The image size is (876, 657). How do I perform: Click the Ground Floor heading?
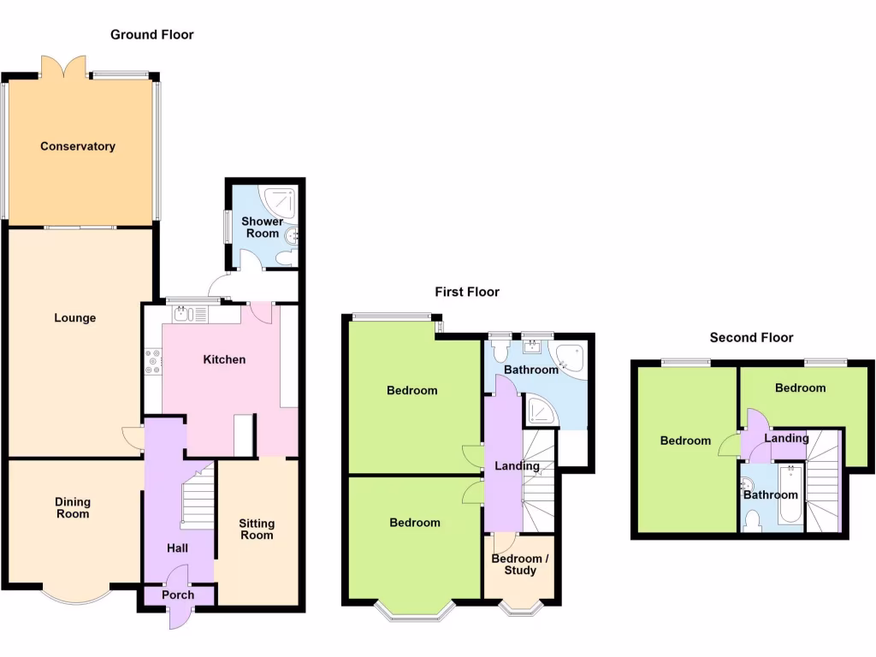pyautogui.click(x=152, y=35)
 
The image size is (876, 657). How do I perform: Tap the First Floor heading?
pyautogui.click(x=467, y=292)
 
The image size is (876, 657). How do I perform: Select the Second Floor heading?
pyautogui.click(x=751, y=338)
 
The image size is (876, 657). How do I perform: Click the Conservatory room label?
pyautogui.click(x=78, y=146)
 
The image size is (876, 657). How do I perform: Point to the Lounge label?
pyautogui.click(x=75, y=318)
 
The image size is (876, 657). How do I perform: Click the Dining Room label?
pyautogui.click(x=73, y=508)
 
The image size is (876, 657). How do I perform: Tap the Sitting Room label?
pyautogui.click(x=257, y=529)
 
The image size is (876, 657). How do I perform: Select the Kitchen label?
pyautogui.click(x=224, y=359)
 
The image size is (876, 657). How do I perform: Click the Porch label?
pyautogui.click(x=178, y=595)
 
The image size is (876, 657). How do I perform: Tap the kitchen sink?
pyautogui.click(x=182, y=315)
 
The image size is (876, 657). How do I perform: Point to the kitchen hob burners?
pyautogui.click(x=153, y=361)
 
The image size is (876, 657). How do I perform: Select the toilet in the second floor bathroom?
pyautogui.click(x=753, y=519)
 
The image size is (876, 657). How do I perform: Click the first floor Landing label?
pyautogui.click(x=518, y=466)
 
